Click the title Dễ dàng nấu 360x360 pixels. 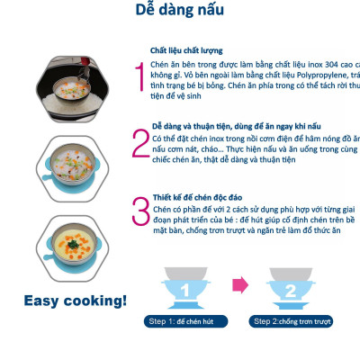(179, 12)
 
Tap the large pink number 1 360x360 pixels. (138, 79)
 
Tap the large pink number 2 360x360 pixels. (139, 145)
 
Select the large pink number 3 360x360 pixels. (140, 212)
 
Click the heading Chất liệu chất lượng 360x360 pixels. (186, 50)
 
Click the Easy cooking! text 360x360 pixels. (75, 300)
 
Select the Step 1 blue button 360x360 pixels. (184, 321)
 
